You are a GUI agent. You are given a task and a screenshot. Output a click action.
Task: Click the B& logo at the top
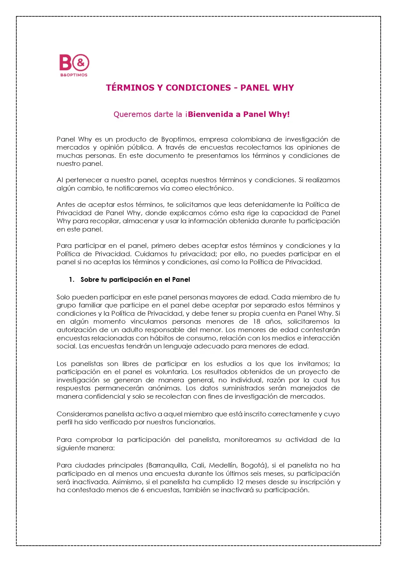[x=74, y=64]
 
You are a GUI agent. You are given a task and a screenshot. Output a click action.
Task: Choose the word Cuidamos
[x=150, y=254]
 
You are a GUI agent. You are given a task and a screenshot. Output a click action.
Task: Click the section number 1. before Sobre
[x=72, y=280]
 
